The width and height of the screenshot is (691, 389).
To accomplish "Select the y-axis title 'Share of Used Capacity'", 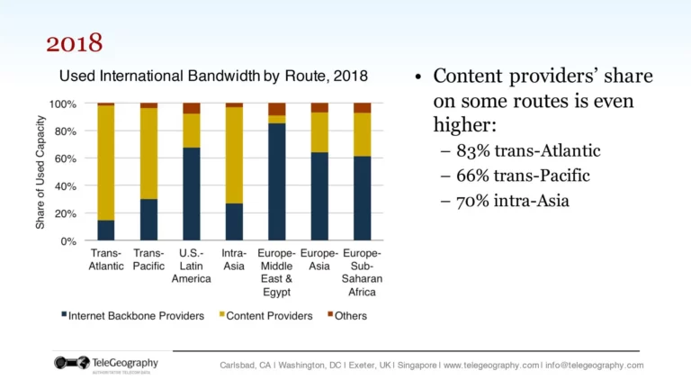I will (40, 172).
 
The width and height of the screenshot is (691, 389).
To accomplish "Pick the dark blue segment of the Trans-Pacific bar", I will (148, 220).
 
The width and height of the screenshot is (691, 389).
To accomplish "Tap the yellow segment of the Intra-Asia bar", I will (234, 155).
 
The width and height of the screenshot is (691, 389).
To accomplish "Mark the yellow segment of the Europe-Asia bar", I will (319, 131).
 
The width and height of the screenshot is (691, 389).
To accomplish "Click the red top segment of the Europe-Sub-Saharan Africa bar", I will (362, 107).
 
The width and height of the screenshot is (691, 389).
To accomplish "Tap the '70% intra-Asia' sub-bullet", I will (505, 200).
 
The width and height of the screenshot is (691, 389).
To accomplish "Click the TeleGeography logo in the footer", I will (106, 365).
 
